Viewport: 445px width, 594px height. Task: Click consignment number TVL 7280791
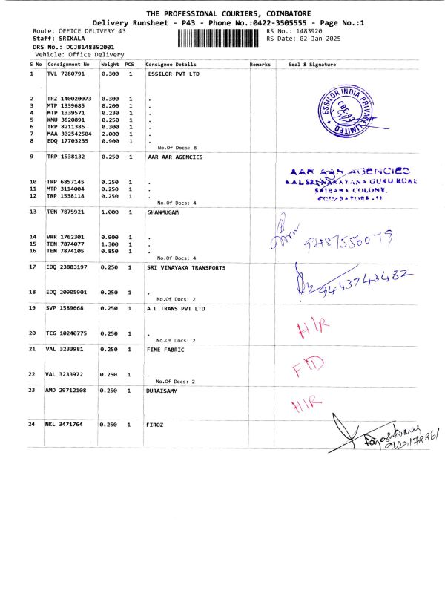click(x=70, y=74)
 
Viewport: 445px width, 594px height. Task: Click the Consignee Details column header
click(x=171, y=65)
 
